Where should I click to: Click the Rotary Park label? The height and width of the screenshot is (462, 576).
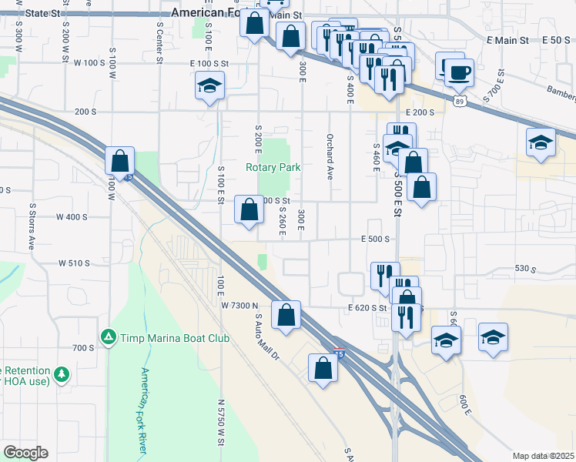click(273, 167)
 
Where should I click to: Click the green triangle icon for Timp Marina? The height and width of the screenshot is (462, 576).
click(109, 336)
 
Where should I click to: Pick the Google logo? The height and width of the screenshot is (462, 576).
click(26, 452)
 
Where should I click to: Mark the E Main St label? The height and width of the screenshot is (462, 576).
click(507, 39)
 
